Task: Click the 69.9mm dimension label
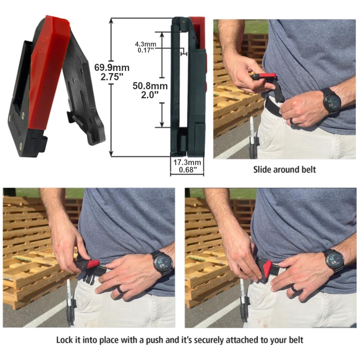(x=112, y=68)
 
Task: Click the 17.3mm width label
(x=187, y=162)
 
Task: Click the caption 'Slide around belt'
(x=284, y=169)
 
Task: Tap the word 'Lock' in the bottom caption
(x=64, y=340)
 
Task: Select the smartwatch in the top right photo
(x=332, y=100)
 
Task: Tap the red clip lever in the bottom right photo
(x=267, y=268)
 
